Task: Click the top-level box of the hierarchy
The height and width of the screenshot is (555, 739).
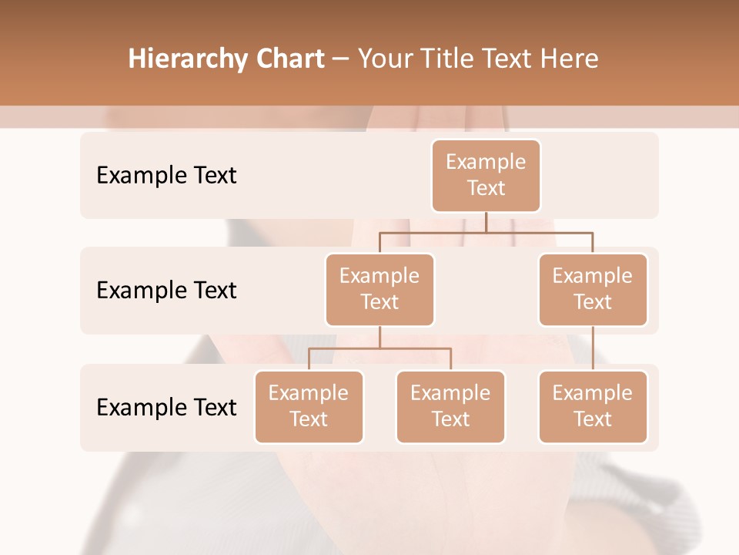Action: coord(486,175)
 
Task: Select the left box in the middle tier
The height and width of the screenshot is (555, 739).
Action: coord(380,289)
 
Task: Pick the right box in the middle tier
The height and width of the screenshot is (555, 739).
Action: coord(593,289)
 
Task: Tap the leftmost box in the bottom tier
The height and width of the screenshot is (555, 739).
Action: coord(309,406)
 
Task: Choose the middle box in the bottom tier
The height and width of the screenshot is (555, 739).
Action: coord(450,406)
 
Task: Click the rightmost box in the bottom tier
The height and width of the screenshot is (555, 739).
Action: coord(593,406)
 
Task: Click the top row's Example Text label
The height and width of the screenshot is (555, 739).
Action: coord(166,176)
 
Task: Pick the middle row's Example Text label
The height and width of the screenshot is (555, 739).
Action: coord(166,291)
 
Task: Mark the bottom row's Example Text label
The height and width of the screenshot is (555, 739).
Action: coord(166,408)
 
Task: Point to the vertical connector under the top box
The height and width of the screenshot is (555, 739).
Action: coord(486,222)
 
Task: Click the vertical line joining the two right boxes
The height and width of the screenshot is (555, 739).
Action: coord(593,348)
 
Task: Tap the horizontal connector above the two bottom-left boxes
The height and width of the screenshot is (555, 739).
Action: coord(380,348)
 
